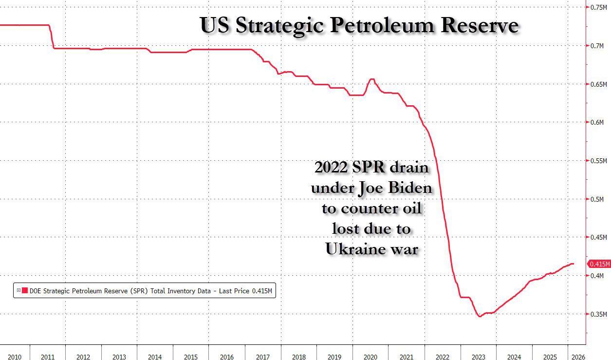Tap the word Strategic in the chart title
point(279,26)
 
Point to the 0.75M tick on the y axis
point(598,7)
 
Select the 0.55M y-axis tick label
point(598,161)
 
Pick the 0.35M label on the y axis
point(598,314)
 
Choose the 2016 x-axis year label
point(227,357)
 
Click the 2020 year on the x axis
point(371,357)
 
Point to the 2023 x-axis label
point(478,357)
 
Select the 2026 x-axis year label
point(578,357)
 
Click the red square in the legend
point(24,291)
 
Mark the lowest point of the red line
point(480,317)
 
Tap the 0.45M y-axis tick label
point(598,237)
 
